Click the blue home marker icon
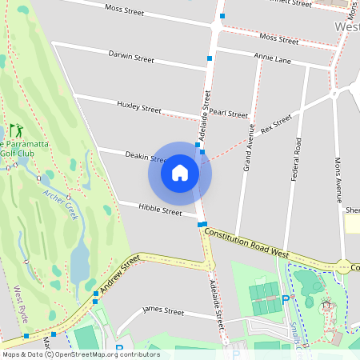pyautogui.click(x=180, y=173)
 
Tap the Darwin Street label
pyautogui.click(x=131, y=57)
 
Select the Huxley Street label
pyautogui.click(x=139, y=107)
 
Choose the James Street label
pyautogui.click(x=162, y=310)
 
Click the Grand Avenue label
pyautogui.click(x=249, y=147)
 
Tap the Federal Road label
pyautogui.click(x=296, y=158)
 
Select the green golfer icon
pyautogui.click(x=16, y=130)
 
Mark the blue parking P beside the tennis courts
pyautogui.click(x=285, y=300)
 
